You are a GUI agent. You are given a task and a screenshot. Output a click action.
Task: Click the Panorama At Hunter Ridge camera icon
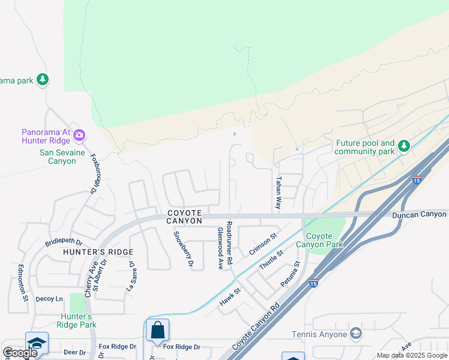point(79,136)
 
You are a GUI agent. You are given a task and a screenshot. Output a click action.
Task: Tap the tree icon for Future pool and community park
point(404,145)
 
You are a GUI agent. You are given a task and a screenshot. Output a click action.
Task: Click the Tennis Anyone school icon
point(356,334)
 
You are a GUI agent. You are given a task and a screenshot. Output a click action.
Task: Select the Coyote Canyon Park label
point(324,240)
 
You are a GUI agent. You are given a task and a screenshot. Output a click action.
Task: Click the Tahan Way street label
point(278,193)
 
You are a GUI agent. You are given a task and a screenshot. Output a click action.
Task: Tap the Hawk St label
point(229,297)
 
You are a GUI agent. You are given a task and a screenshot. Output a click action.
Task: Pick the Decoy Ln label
point(49,298)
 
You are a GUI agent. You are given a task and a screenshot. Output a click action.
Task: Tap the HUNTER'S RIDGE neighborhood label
point(98,252)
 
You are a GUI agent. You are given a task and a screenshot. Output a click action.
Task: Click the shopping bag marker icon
point(157,329)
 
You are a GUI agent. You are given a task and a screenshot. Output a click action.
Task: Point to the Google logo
point(19,353)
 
